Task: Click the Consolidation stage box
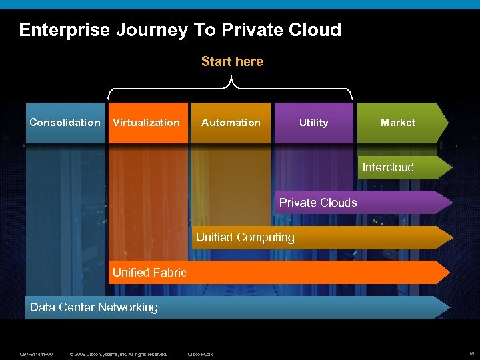(65, 123)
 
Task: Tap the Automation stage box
(231, 123)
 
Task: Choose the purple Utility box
(313, 123)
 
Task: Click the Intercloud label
(388, 167)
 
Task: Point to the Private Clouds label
(318, 203)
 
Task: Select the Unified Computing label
(245, 237)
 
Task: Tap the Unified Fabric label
(149, 272)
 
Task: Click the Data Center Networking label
(94, 307)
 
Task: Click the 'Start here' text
(232, 61)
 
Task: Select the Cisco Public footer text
(201, 353)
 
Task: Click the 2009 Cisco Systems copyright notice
(118, 353)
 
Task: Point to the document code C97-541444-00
(37, 353)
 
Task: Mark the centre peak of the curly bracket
(231, 79)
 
